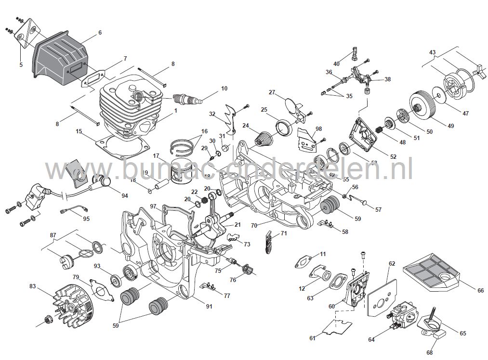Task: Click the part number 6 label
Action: click(100, 33)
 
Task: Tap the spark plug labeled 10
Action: click(188, 100)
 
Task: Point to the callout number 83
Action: click(33, 286)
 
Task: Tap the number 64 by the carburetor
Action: click(371, 340)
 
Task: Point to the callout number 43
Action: click(432, 52)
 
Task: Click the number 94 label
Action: click(125, 196)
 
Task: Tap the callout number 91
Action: click(209, 307)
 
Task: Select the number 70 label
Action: click(254, 225)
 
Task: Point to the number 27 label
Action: click(272, 92)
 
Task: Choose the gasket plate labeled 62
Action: click(383, 294)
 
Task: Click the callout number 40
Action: click(336, 64)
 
